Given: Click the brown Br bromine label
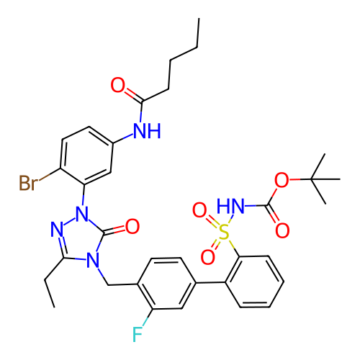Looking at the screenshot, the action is (x=28, y=183).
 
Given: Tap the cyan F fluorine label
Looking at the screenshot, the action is (x=138, y=334).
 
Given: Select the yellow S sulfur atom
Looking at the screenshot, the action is (x=224, y=232).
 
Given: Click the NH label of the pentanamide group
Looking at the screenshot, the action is (x=147, y=131).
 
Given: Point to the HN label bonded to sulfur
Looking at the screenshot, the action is (x=230, y=206).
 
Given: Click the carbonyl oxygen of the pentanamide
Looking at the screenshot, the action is (x=118, y=85).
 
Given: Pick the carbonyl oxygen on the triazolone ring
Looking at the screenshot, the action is (x=132, y=226).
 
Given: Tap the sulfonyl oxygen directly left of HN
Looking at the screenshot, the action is (x=199, y=210).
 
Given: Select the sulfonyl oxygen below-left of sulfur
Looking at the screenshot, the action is (x=207, y=257).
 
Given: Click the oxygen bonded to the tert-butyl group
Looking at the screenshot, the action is (x=282, y=180).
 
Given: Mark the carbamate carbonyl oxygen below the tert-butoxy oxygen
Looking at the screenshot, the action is (x=282, y=230).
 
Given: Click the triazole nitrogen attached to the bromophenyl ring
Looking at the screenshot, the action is (x=82, y=214).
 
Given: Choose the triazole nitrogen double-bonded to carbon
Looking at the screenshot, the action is (x=57, y=229).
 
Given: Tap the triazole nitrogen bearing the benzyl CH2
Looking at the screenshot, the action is (x=93, y=260).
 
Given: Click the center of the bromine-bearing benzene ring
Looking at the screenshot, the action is (x=86, y=156).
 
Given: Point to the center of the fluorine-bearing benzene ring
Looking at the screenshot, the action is (x=166, y=283).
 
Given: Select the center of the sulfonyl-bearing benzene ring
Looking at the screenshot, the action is (x=255, y=282).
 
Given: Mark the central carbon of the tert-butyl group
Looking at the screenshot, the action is (x=310, y=179).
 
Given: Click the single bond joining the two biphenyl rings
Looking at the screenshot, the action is (x=210, y=283).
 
